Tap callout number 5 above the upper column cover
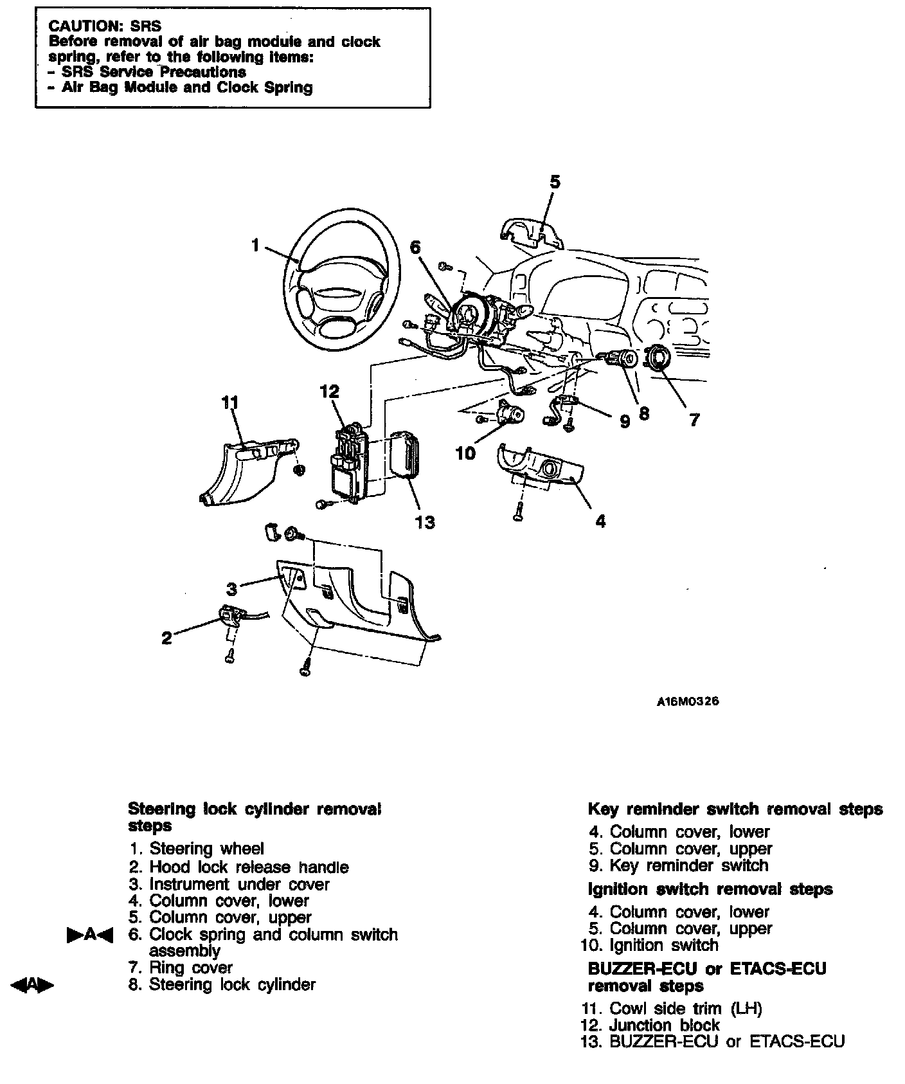pos(555,182)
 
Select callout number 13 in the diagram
pos(425,522)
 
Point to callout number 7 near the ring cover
pos(694,420)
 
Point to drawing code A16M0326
pos(687,701)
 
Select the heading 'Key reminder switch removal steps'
pos(735,809)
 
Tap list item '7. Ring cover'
pos(181,968)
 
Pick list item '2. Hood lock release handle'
pos(238,867)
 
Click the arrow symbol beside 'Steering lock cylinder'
pos(32,985)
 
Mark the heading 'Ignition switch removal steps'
pos(710,889)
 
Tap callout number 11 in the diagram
pos(229,403)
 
